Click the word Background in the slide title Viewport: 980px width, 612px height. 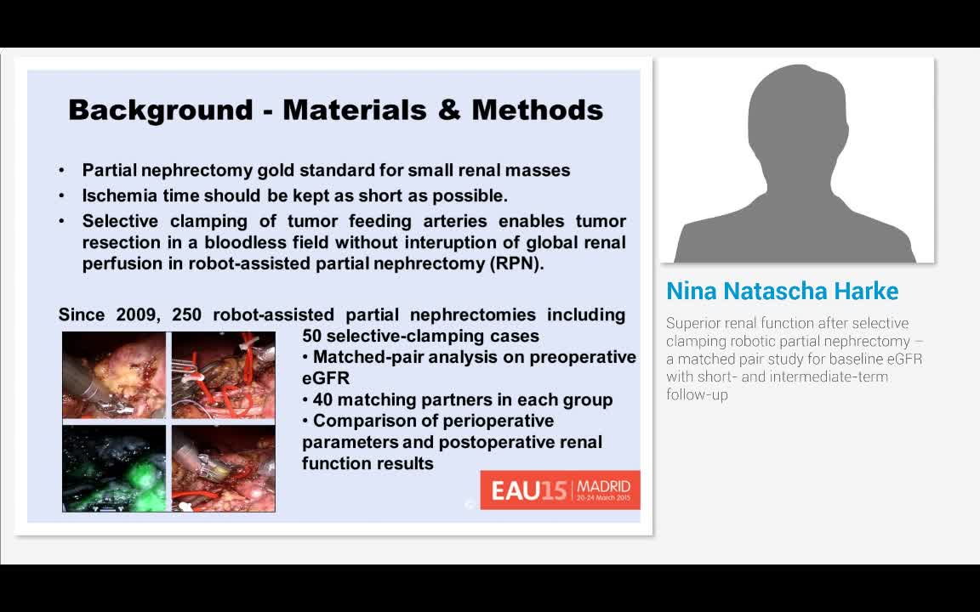coord(161,110)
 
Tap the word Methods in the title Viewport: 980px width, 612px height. coord(537,110)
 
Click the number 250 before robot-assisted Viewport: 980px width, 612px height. coord(186,314)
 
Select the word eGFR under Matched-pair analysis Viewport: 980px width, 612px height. coord(326,378)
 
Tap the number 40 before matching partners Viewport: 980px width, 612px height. coord(324,399)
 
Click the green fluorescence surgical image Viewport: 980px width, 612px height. coord(114,467)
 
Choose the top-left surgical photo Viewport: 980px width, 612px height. coord(114,375)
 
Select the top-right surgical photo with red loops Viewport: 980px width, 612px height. coord(224,375)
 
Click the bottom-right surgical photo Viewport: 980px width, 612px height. coord(224,467)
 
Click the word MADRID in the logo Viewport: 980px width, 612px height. coord(603,487)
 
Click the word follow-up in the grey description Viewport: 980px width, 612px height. coord(698,394)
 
